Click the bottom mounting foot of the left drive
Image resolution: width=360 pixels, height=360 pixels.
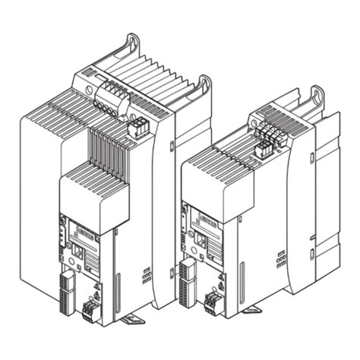[133, 317]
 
